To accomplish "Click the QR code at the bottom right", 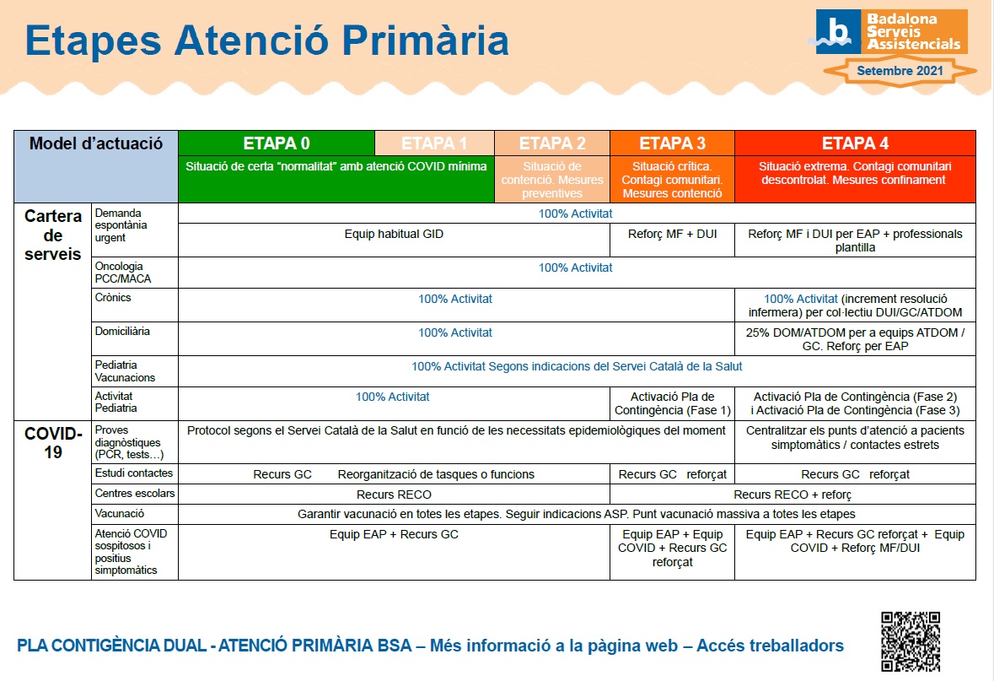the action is coord(911,641).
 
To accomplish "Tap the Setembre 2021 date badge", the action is coord(900,70).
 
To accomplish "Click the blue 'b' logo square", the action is coord(838,31).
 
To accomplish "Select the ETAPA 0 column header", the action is coord(277,143).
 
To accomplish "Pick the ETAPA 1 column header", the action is coord(434,143).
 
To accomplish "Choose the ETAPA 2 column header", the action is coord(552,143).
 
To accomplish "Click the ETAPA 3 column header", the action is coord(672,143).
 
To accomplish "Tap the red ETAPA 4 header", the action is coord(855,143).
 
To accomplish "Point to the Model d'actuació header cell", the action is coord(96,166).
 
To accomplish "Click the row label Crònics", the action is coord(113,297).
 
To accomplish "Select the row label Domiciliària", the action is coord(122,331).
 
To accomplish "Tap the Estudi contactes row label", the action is coord(134,473).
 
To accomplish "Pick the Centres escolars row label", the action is coord(135,493).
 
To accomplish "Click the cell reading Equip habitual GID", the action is coord(394,234).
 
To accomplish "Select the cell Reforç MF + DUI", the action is coord(673,234).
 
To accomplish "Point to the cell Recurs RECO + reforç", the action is coord(793,495).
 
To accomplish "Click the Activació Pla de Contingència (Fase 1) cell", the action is coord(673,403).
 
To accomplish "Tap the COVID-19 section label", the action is coord(53,442).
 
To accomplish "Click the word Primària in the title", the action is coord(426,41).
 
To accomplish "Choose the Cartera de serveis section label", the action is coord(52,235).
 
